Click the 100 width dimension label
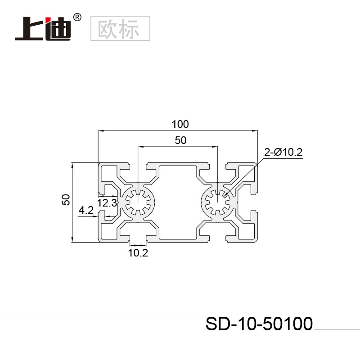[x=180, y=124]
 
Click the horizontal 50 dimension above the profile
[x=180, y=140]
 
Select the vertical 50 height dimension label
[x=66, y=200]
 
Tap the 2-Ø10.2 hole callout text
[x=283, y=153]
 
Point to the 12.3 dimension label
[x=107, y=203]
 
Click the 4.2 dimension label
[x=85, y=210]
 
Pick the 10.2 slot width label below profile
[x=138, y=253]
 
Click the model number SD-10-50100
[x=259, y=324]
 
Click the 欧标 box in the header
[x=120, y=28]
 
